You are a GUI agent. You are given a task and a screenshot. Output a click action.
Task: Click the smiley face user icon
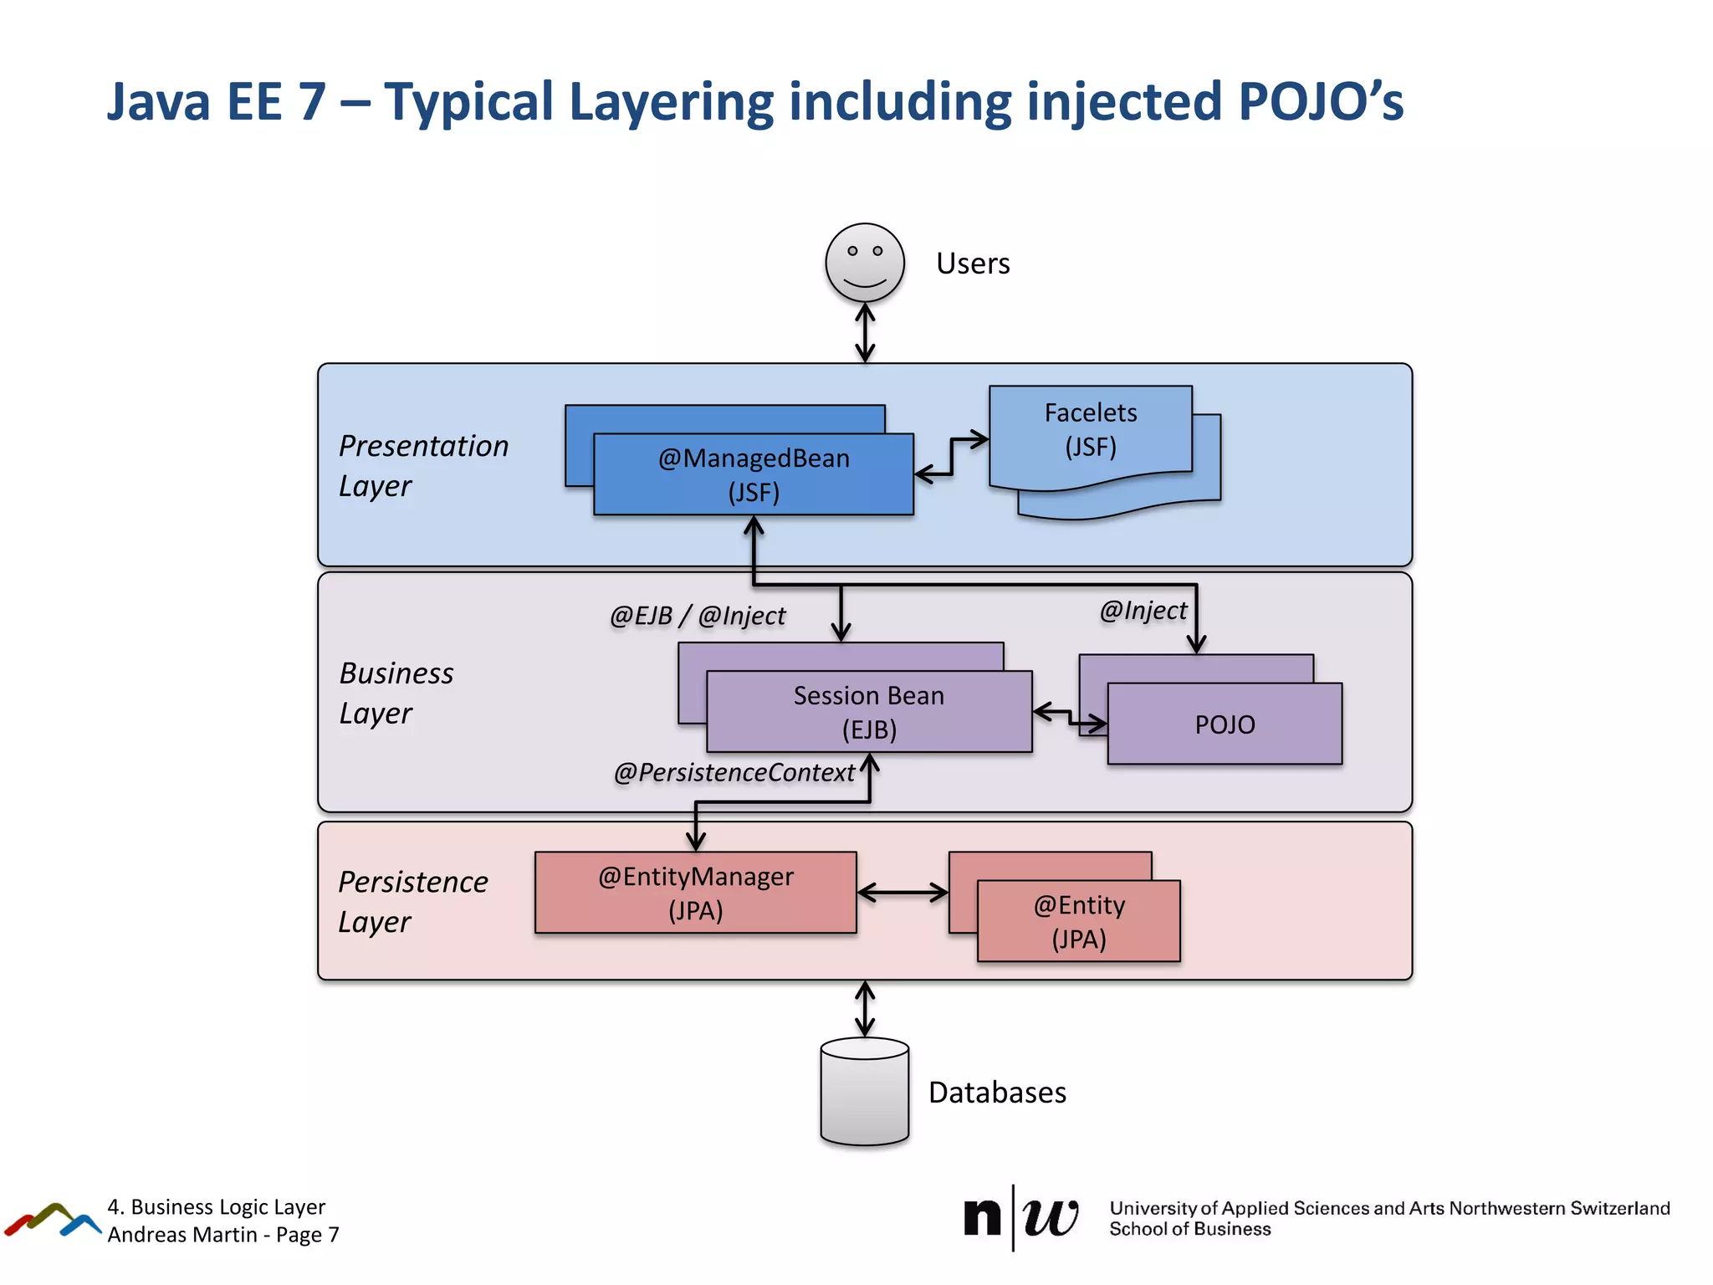point(865,263)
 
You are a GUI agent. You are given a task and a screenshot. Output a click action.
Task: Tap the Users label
point(973,264)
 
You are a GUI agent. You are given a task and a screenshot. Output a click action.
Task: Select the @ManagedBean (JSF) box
point(754,474)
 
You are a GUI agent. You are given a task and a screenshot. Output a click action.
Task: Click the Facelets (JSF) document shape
point(1090,430)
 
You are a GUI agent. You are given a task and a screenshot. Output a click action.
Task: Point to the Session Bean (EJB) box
point(869,712)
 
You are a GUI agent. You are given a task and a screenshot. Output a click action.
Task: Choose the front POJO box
point(1225,724)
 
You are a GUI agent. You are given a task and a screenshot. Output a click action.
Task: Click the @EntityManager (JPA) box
point(695,893)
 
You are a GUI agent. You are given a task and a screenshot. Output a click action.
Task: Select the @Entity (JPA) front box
point(1079,921)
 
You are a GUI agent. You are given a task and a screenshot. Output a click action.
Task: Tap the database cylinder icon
point(865,1092)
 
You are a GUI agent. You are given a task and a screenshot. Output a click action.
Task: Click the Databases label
point(997,1093)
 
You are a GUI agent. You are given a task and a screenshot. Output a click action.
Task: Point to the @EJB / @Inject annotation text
point(698,616)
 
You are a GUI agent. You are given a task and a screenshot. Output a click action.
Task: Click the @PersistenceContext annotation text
point(734,772)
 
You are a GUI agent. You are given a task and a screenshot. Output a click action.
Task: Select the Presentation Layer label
point(423,465)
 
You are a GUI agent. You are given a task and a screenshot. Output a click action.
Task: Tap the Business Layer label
point(396,693)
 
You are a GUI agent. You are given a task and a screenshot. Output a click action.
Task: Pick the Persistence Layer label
point(412,901)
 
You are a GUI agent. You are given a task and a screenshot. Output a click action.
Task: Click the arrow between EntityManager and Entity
point(903,893)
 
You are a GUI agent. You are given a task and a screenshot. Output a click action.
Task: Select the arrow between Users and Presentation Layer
point(865,333)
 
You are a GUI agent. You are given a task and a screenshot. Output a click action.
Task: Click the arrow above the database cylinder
point(865,1009)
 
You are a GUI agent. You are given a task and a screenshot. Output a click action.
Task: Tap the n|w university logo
point(1020,1217)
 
